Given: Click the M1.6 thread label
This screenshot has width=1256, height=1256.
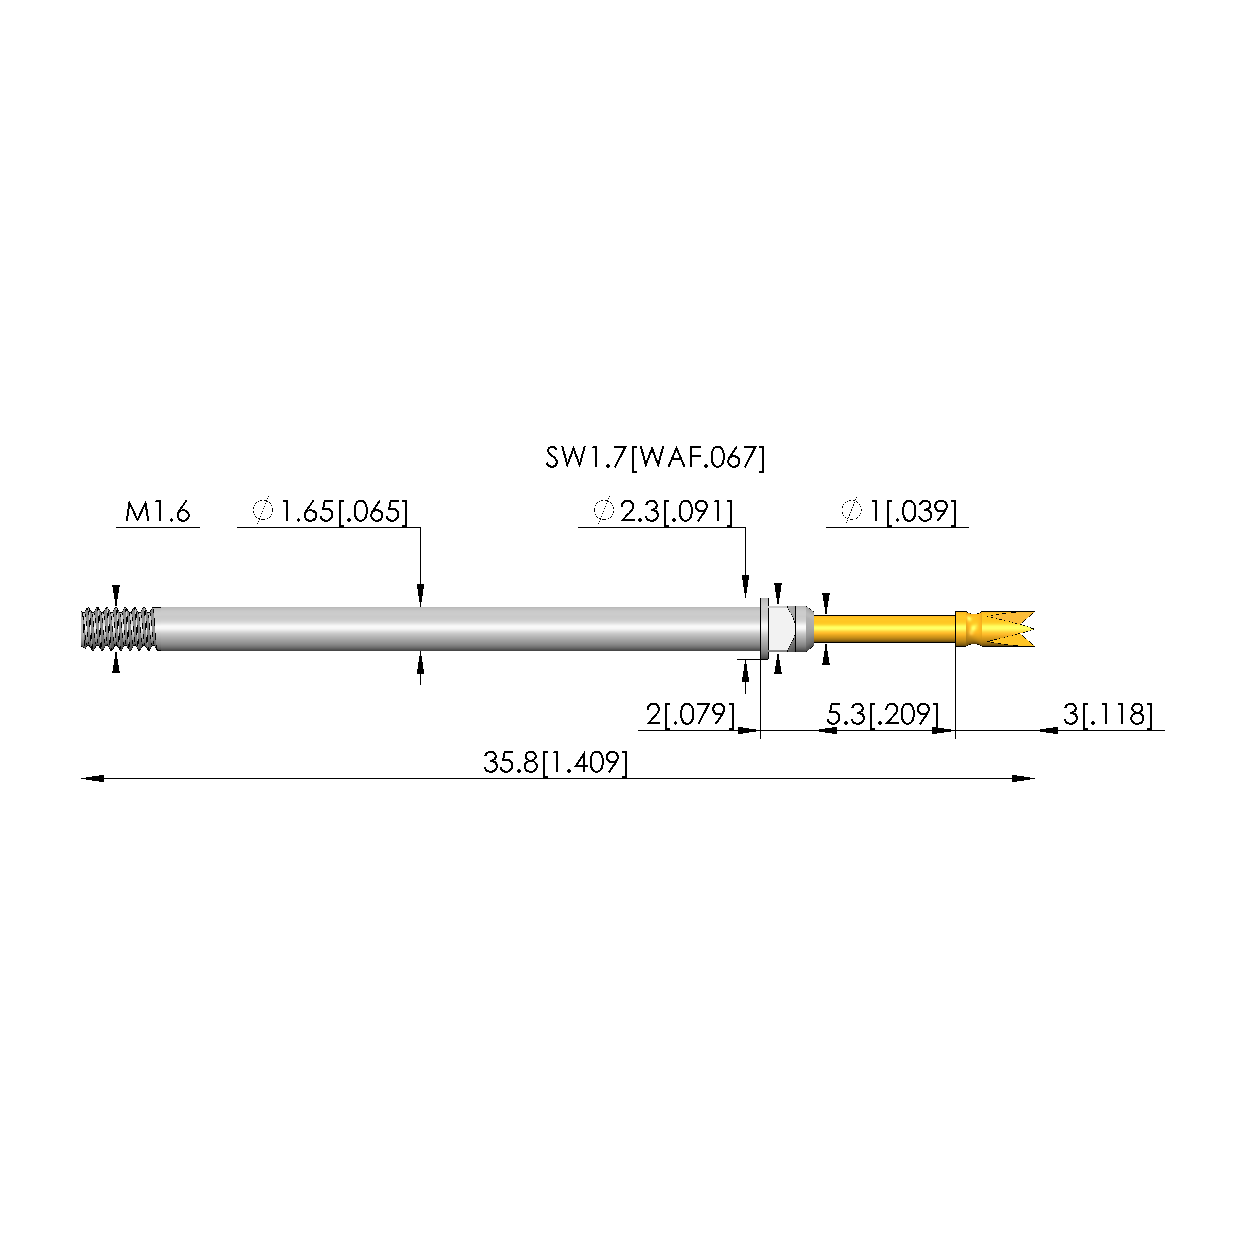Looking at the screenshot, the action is (x=158, y=512).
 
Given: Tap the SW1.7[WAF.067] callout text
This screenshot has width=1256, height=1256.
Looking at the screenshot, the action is (x=655, y=457).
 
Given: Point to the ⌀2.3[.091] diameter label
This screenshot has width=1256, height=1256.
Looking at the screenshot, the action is (x=664, y=512).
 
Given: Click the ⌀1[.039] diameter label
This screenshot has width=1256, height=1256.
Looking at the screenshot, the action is (x=899, y=512).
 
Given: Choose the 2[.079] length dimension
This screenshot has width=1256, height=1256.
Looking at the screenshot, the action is (x=690, y=714).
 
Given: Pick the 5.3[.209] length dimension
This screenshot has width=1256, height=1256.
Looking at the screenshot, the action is (x=883, y=714).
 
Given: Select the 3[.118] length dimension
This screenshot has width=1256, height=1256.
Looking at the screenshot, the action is (x=1108, y=714).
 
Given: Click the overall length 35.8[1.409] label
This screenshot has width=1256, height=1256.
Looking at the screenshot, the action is (x=556, y=762).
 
